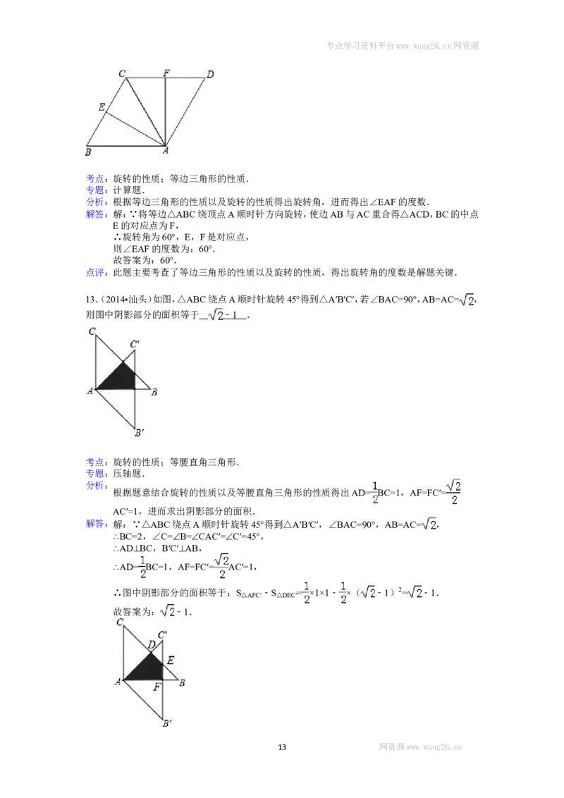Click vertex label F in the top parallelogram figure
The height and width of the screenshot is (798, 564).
(166, 73)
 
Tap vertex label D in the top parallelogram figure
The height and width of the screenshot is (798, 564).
(210, 74)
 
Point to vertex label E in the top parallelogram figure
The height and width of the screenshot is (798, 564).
(102, 107)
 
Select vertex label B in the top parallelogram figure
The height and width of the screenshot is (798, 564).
(88, 152)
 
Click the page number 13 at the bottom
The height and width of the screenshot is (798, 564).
(282, 747)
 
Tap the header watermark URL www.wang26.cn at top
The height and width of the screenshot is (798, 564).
(424, 46)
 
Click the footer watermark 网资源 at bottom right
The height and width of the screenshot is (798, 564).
(391, 747)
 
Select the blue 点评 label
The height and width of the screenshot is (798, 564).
(95, 273)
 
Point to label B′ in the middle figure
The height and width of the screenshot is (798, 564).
(140, 433)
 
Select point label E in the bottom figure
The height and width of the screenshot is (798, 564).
(171, 660)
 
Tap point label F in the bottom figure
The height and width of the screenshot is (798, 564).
(157, 687)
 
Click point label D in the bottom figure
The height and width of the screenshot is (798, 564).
(151, 645)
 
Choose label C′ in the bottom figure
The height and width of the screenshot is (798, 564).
(162, 634)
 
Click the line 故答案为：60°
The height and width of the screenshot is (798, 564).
(145, 261)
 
